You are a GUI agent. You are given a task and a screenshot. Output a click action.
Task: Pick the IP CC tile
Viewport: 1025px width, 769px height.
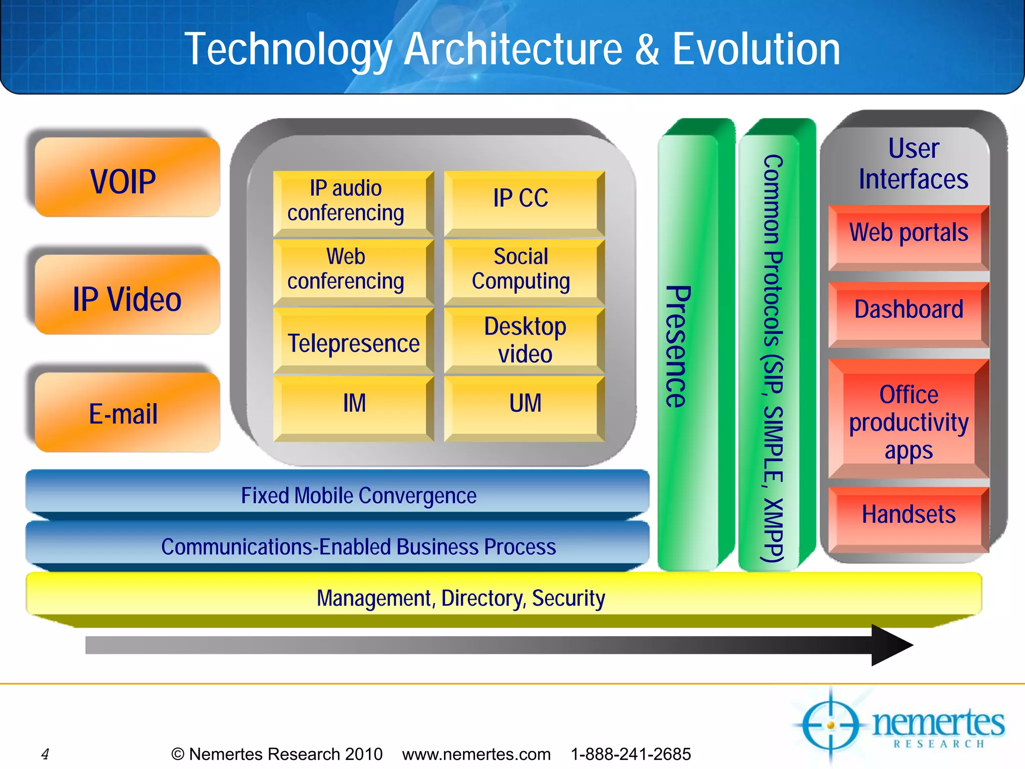522,199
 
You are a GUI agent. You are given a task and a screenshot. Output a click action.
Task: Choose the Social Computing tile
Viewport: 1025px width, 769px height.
522,269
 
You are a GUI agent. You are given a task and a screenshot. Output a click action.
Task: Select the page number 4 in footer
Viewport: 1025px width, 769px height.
45,753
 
